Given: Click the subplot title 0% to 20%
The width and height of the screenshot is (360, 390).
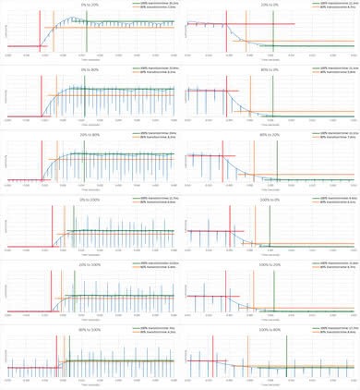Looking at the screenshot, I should coord(90,4).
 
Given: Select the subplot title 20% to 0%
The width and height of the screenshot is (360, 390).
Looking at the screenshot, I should coord(270,4).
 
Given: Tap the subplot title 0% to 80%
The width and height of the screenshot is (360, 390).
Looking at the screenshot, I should coord(90,69).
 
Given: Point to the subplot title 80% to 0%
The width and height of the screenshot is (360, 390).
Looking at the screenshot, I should coord(270,69).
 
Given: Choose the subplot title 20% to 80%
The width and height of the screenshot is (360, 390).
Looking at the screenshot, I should coord(90,135).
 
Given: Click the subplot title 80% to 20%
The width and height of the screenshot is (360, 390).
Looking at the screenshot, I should coord(270,135).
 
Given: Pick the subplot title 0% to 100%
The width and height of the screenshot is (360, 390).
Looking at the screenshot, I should coord(90,200).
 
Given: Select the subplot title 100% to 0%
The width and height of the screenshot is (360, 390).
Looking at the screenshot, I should coord(270,200).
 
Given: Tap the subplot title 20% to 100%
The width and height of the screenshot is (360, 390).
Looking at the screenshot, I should coord(90,264).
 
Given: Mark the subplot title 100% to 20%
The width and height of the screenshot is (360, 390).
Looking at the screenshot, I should coord(270,264).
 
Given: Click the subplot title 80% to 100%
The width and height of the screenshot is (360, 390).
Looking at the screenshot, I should coord(90,330).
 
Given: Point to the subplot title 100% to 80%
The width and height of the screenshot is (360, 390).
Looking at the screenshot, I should coord(270,330).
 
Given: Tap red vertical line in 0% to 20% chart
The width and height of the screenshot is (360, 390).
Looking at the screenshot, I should coord(41,37).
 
